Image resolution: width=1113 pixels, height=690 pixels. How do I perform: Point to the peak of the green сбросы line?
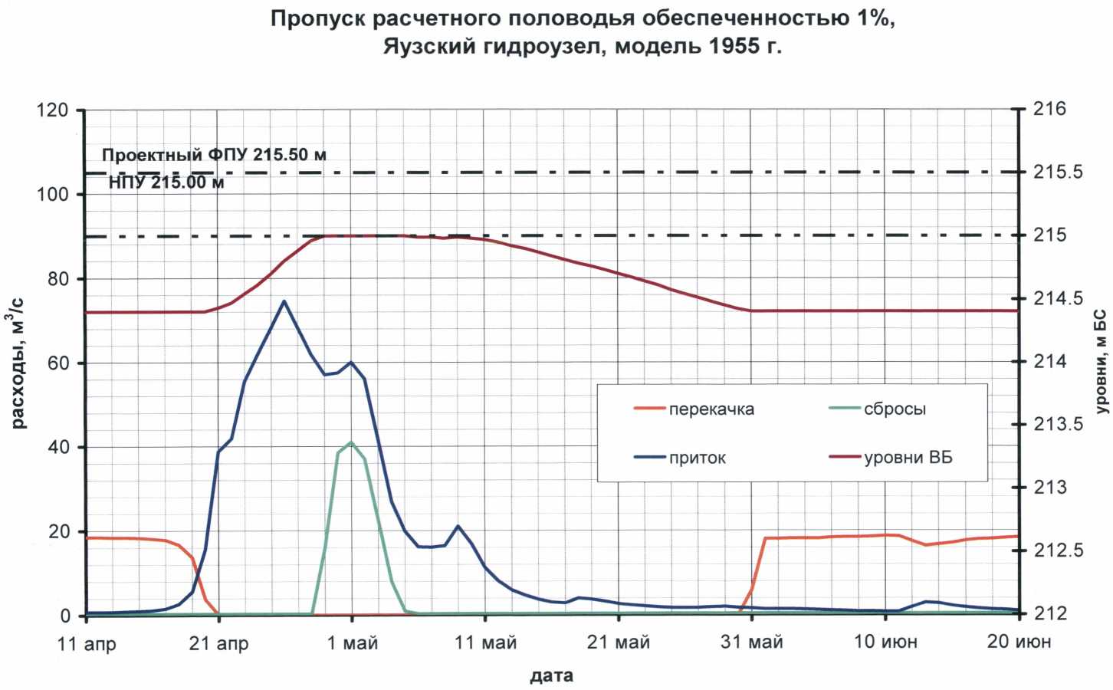(x=351, y=442)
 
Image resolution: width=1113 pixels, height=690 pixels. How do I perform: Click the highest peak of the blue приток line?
(x=284, y=301)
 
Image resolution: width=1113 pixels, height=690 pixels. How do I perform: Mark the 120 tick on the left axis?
(x=52, y=110)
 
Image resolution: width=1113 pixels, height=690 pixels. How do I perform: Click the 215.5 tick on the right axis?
(x=1058, y=172)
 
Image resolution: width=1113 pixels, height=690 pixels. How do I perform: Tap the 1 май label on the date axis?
(x=353, y=642)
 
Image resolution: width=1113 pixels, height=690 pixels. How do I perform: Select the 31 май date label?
(x=751, y=642)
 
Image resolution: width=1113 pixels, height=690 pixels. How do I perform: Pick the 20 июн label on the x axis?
(x=1018, y=642)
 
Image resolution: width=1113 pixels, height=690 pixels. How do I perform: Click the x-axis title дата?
(x=551, y=676)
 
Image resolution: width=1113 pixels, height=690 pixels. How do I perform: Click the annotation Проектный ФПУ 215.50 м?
(x=214, y=155)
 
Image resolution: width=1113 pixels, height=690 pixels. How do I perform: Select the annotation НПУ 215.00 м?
(x=166, y=182)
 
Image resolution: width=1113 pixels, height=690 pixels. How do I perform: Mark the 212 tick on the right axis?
(x=1049, y=613)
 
